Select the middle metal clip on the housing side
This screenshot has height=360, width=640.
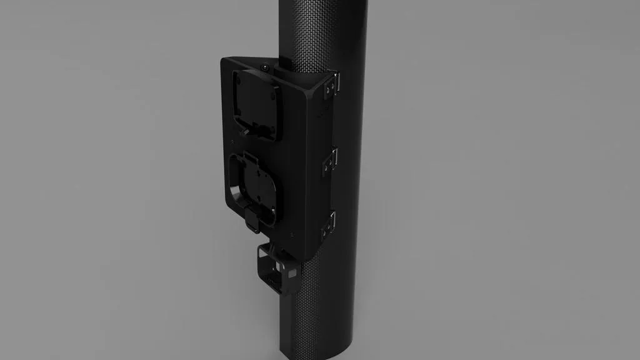click(x=329, y=161)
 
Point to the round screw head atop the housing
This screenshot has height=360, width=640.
click(x=266, y=66)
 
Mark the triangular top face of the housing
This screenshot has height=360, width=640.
click(x=287, y=75)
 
